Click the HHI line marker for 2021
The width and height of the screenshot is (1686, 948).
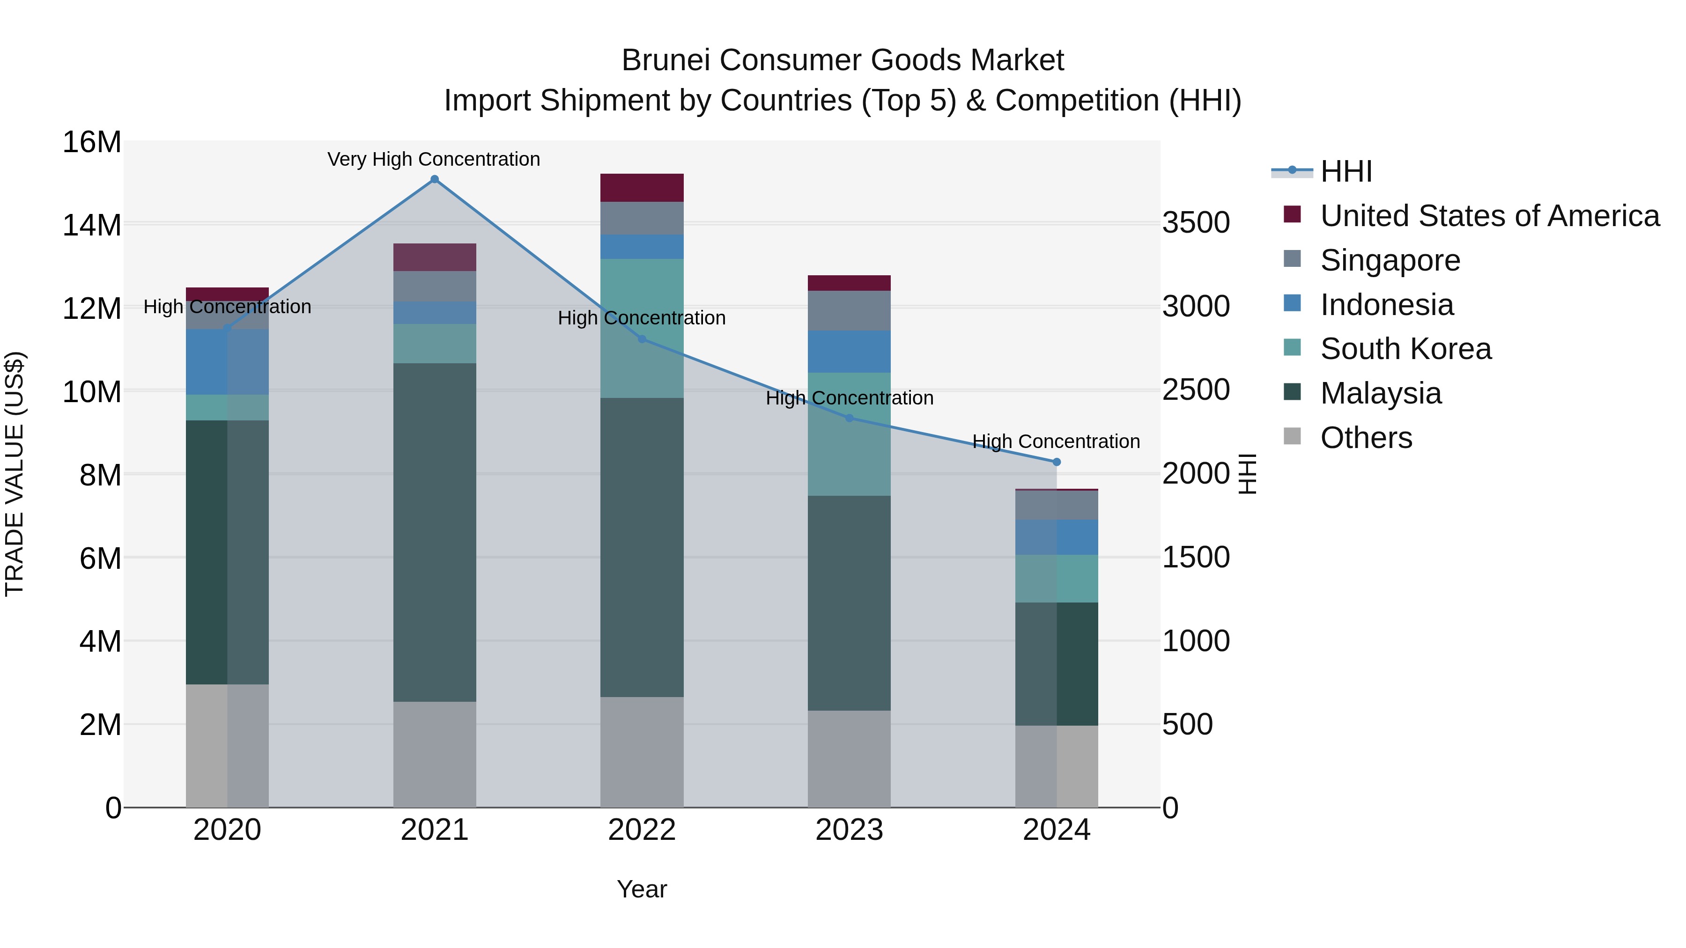pyautogui.click(x=435, y=179)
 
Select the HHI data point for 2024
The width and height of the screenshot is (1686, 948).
pyautogui.click(x=1057, y=462)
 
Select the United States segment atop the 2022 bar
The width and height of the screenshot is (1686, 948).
pyautogui.click(x=642, y=188)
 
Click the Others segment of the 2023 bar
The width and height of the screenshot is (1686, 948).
pyautogui.click(x=849, y=759)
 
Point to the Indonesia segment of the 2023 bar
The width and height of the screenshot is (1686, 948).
pyautogui.click(x=849, y=351)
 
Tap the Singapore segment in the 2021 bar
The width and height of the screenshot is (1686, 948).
pyautogui.click(x=435, y=286)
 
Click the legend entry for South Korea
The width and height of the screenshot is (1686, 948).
pyautogui.click(x=1405, y=349)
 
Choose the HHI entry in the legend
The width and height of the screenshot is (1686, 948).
pyautogui.click(x=1346, y=171)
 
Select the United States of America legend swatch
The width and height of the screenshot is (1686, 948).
pyautogui.click(x=1292, y=214)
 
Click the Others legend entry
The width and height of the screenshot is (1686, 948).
pyautogui.click(x=1366, y=438)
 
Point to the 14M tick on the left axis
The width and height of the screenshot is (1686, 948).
pyautogui.click(x=92, y=225)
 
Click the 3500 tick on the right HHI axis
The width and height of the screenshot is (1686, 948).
pyautogui.click(x=1196, y=223)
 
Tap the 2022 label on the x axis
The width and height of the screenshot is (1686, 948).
pyautogui.click(x=642, y=830)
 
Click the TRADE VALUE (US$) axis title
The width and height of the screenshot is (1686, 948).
pyautogui.click(x=15, y=474)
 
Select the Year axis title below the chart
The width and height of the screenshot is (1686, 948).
pyautogui.click(x=642, y=889)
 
